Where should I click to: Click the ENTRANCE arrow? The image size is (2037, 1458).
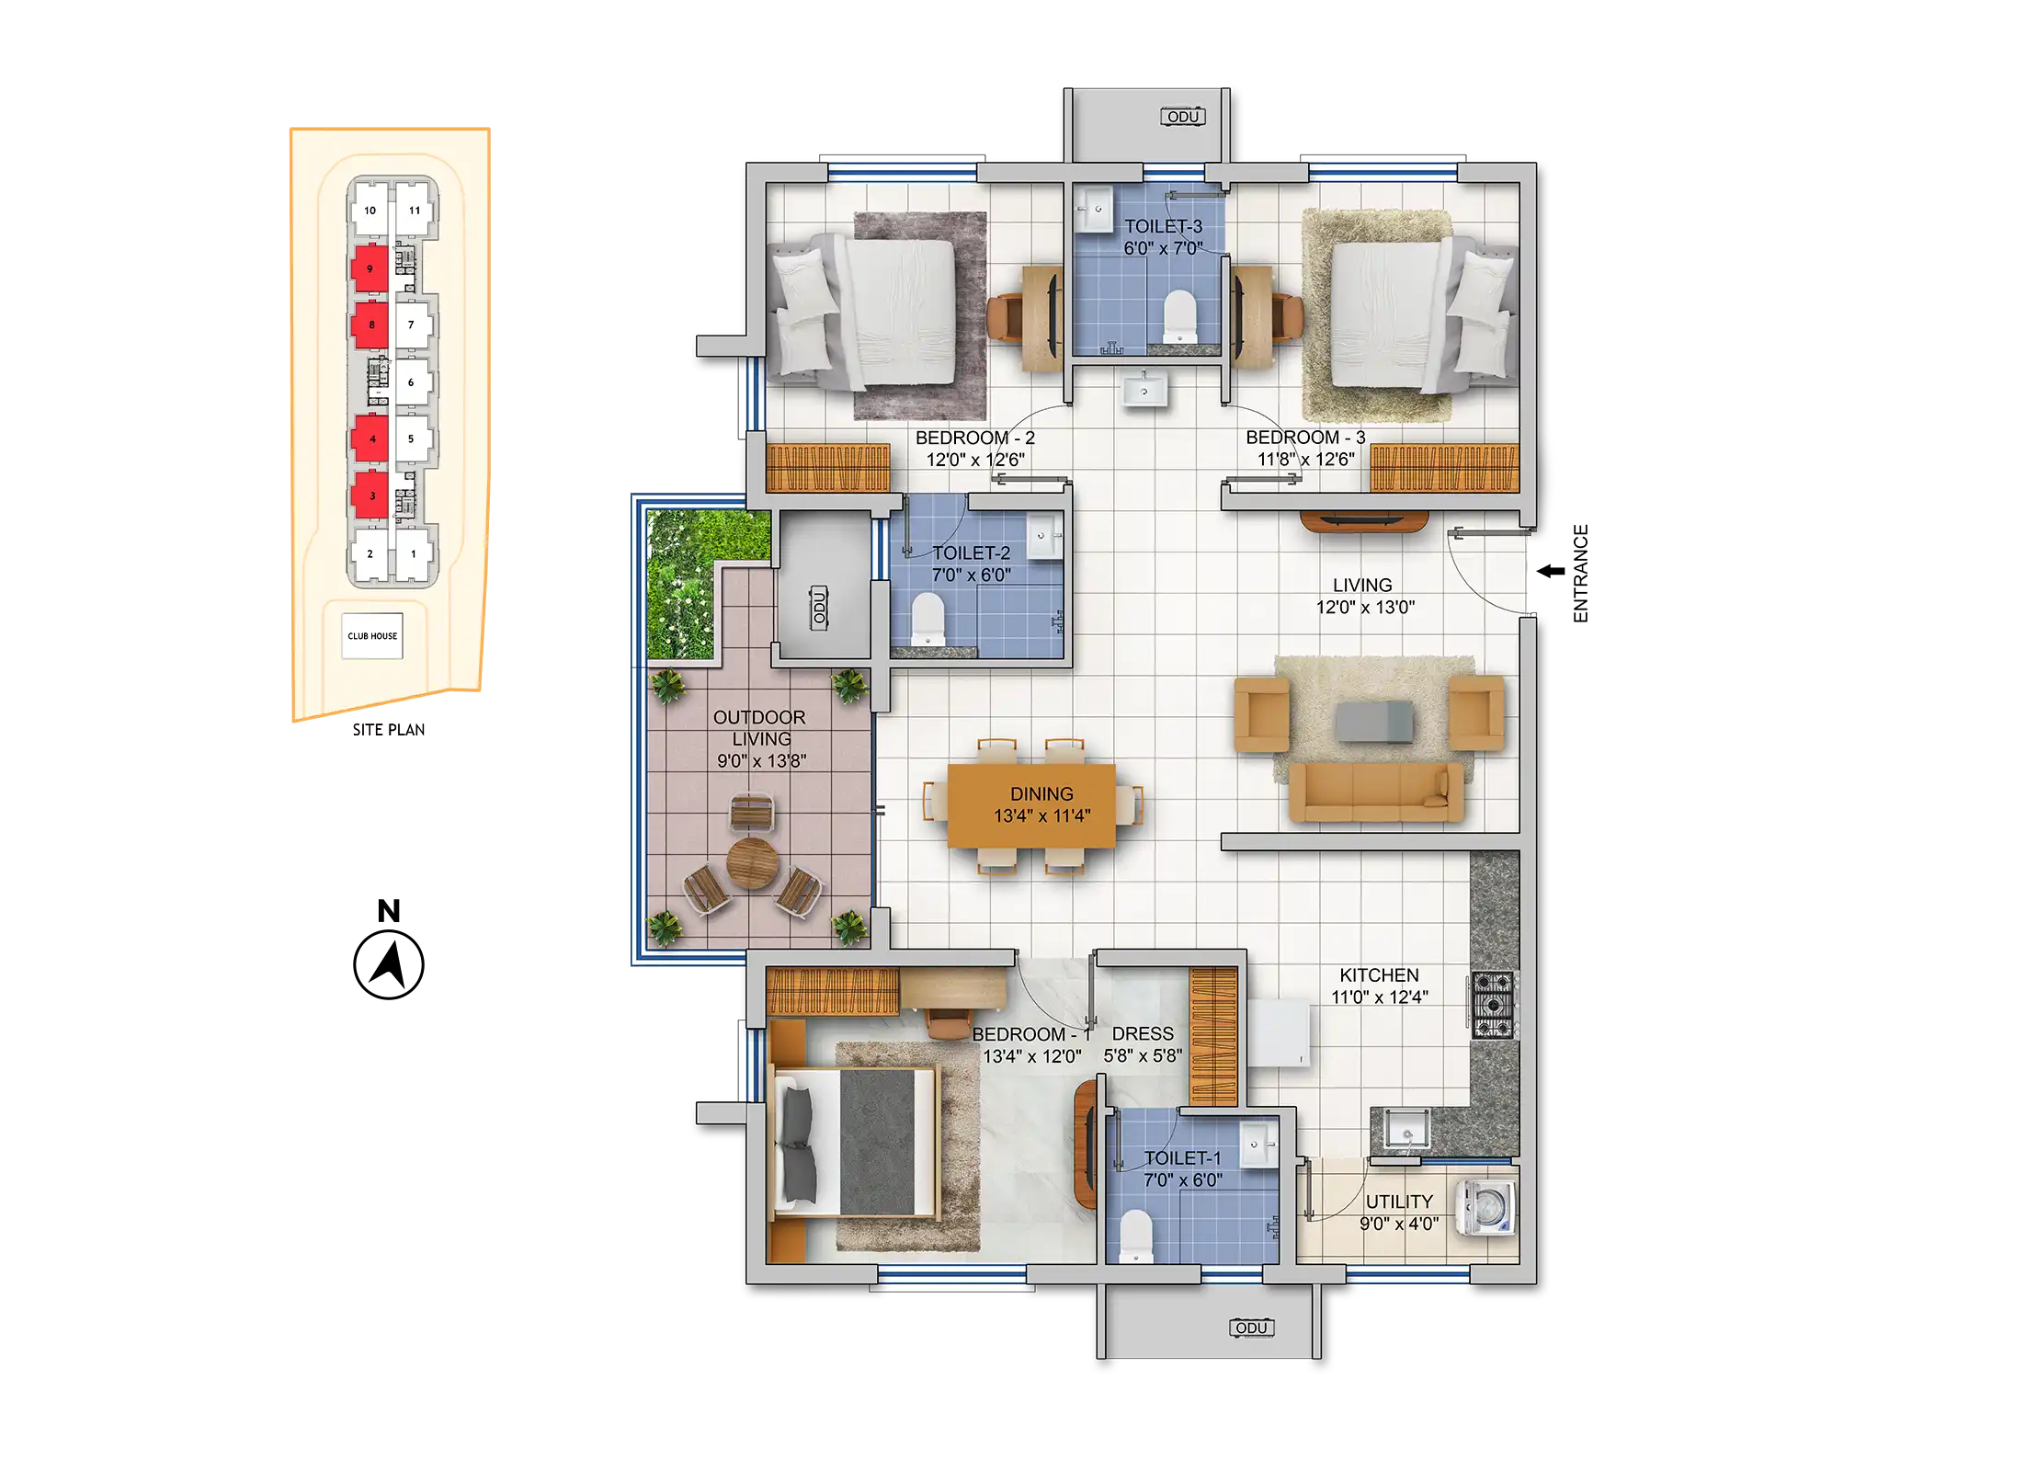1551,571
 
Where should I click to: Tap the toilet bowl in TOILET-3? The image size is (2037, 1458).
1179,316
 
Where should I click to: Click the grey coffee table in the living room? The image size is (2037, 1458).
1374,721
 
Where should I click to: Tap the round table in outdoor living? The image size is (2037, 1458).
752,862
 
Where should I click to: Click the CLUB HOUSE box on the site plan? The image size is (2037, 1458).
372,635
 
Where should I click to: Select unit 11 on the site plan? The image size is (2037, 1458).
415,210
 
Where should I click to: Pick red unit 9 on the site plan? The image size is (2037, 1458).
370,268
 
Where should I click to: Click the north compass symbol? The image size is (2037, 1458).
389,964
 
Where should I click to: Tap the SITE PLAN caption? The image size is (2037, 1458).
389,730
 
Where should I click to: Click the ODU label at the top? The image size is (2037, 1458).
1183,117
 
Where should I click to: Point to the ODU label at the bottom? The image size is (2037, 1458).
1251,1327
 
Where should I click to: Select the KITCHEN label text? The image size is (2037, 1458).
1379,975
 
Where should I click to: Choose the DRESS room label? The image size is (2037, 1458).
1143,1034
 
